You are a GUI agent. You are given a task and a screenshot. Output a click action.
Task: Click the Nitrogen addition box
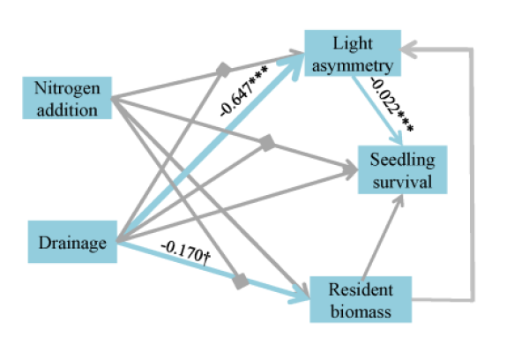[x=69, y=98]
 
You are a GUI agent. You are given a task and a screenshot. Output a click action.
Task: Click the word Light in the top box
[x=354, y=44]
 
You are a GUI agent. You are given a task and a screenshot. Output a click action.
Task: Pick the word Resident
[x=360, y=289]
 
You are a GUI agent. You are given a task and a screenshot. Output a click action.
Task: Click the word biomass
[x=360, y=308]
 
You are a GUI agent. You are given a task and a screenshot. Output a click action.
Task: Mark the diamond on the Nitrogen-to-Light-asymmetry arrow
[x=224, y=68]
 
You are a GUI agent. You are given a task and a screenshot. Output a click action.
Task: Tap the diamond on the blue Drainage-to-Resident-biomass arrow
[x=240, y=281]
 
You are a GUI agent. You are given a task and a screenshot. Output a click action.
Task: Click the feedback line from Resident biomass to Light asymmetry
[x=474, y=176]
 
